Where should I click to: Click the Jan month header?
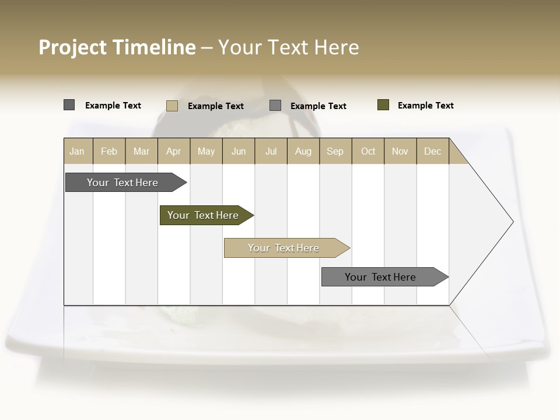click(x=77, y=151)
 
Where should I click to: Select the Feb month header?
click(x=109, y=151)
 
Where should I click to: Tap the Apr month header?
click(x=174, y=151)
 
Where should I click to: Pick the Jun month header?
click(x=239, y=151)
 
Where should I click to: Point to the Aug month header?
click(x=303, y=151)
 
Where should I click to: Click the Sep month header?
click(x=335, y=151)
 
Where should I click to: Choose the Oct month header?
click(x=368, y=151)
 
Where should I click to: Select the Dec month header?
click(x=433, y=151)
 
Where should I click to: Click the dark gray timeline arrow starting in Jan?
click(x=123, y=183)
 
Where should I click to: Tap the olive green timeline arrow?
click(x=203, y=215)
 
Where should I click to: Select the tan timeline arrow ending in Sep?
click(x=283, y=248)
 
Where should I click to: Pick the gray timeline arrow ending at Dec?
click(x=380, y=277)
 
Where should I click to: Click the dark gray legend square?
click(x=69, y=105)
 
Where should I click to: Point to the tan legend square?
click(x=172, y=106)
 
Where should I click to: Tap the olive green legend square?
click(x=383, y=105)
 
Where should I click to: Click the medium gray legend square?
click(x=275, y=106)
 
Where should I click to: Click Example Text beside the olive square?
click(x=425, y=106)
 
